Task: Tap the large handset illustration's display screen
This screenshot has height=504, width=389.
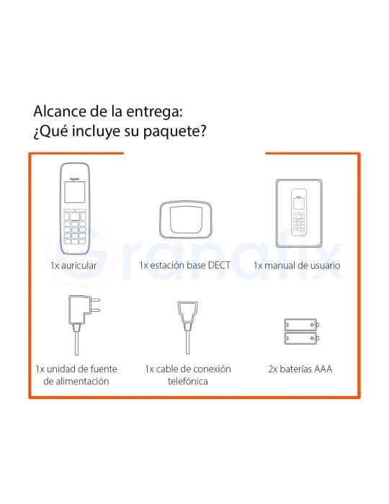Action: click(x=73, y=193)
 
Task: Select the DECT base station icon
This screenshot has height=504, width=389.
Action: click(x=184, y=217)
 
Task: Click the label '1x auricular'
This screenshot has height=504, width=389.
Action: click(x=73, y=266)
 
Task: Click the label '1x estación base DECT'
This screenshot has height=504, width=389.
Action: click(x=184, y=266)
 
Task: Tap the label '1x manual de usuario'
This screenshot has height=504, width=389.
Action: click(x=296, y=266)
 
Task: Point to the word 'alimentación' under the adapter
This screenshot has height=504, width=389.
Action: click(x=76, y=381)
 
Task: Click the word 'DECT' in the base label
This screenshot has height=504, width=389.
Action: click(x=218, y=266)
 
